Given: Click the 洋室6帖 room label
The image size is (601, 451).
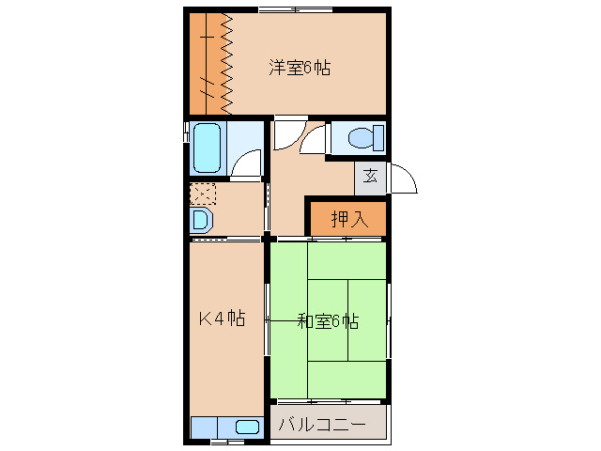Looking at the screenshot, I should click(300, 68).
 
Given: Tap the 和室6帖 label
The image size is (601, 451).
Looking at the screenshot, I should click(328, 320).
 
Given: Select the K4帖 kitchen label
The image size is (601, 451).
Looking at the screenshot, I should click(221, 319).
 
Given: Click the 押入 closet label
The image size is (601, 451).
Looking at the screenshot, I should click(348, 219).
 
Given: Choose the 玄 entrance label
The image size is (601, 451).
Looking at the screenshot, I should click(371, 177).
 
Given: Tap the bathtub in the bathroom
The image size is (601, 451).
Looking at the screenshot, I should click(208, 148).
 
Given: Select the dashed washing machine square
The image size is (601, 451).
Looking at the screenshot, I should click(203, 194).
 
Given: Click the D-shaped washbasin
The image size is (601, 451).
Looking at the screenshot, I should click(201, 222).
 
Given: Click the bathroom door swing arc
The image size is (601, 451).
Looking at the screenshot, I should click(248, 165).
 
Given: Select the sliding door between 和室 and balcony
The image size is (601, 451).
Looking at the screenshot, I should click(329, 401).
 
